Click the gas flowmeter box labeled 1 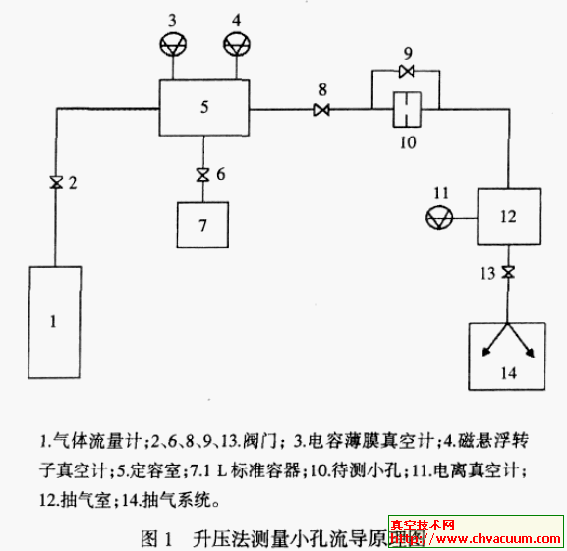[55, 319]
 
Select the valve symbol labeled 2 [55, 182]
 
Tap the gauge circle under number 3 [173, 44]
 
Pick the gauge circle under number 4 [237, 44]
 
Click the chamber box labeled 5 [204, 107]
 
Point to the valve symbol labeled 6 [203, 175]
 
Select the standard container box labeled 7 [203, 225]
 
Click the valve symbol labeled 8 [322, 110]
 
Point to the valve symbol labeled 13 [507, 272]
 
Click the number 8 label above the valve [322, 89]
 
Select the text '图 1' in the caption [157, 537]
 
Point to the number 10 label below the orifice [407, 141]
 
